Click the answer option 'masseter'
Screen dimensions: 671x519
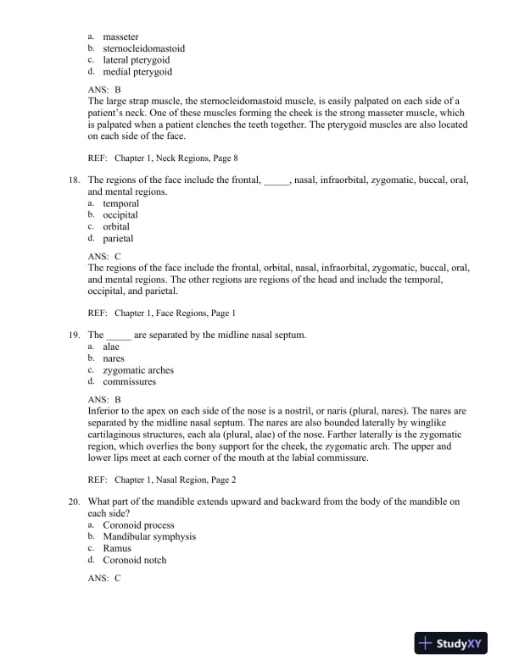(122, 37)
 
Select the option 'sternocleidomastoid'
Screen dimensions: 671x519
(143, 48)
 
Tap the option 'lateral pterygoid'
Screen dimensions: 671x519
(137, 60)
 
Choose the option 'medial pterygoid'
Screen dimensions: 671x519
(138, 72)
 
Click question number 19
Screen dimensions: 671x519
(73, 335)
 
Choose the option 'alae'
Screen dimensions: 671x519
(112, 347)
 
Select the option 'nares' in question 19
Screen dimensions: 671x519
(114, 358)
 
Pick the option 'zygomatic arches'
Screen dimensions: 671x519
(138, 370)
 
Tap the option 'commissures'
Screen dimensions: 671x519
(131, 381)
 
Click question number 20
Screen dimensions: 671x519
(73, 502)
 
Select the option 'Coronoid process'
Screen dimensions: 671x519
(138, 525)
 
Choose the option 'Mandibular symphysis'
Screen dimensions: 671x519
(149, 536)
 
